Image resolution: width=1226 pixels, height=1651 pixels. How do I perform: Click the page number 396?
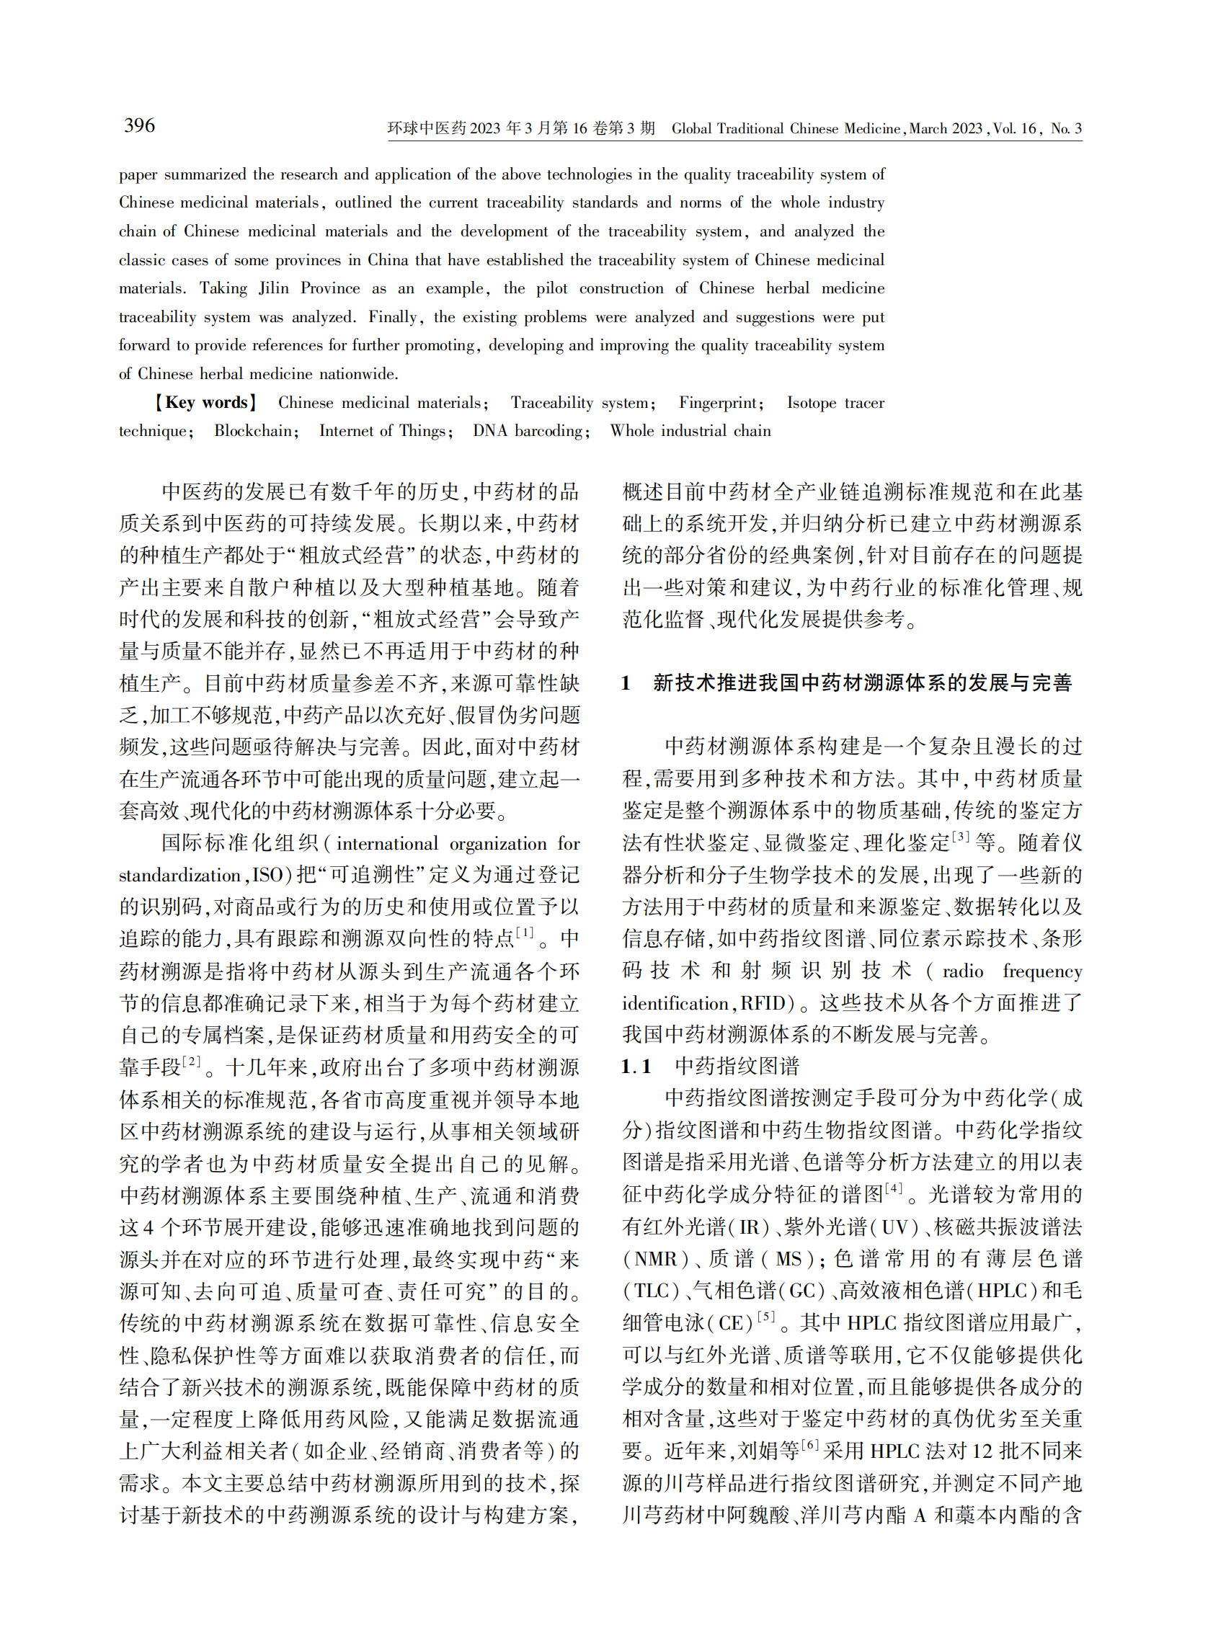coord(140,125)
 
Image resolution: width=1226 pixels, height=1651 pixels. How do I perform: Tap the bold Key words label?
coord(205,402)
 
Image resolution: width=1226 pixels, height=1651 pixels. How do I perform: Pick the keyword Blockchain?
coord(253,430)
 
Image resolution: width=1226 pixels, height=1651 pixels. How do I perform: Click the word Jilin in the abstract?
coord(273,288)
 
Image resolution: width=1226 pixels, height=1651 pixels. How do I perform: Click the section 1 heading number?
coord(626,682)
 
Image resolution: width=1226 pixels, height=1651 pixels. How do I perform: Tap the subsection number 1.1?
coord(636,1067)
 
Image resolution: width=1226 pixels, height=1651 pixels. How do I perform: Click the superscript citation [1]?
coord(525,932)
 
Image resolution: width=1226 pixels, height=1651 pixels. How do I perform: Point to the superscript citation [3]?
coord(960,836)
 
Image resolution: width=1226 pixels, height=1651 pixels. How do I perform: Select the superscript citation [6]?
coord(809,1445)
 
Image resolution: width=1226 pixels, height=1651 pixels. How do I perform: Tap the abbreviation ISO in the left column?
coord(267,875)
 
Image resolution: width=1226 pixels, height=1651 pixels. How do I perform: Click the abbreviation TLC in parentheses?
coord(652,1291)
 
